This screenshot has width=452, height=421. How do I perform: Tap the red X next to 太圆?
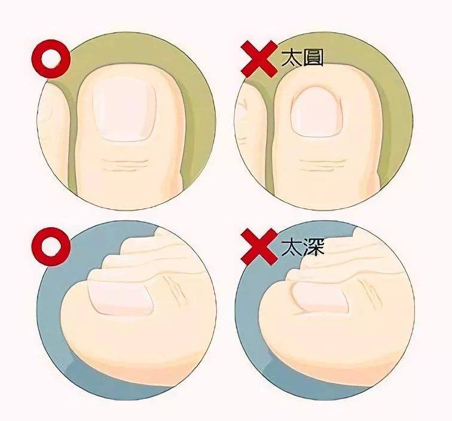pos(259,59)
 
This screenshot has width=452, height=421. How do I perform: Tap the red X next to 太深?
pos(259,247)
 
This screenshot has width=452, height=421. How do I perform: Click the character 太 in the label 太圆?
pos(291,58)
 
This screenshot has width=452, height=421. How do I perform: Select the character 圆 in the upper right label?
pos(313,58)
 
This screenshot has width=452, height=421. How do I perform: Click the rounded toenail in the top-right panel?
pos(316,112)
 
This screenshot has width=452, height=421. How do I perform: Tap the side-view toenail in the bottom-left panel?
pos(121,297)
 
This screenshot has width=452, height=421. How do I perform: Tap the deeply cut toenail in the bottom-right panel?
pos(319,298)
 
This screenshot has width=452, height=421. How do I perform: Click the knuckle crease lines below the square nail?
pos(124,165)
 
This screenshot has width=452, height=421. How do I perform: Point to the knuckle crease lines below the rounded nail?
pos(322,165)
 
